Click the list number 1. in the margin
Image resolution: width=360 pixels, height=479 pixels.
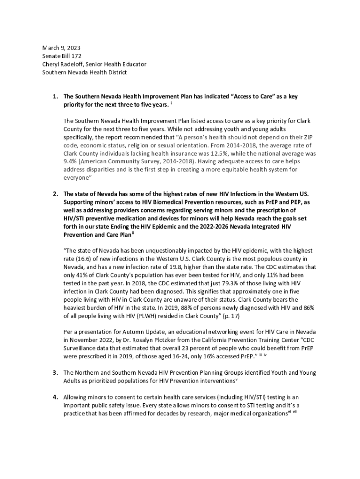(55, 96)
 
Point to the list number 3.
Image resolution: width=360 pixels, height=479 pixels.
(55, 373)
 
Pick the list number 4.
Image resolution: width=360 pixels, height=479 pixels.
(55, 397)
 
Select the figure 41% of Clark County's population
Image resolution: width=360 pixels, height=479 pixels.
(83, 275)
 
